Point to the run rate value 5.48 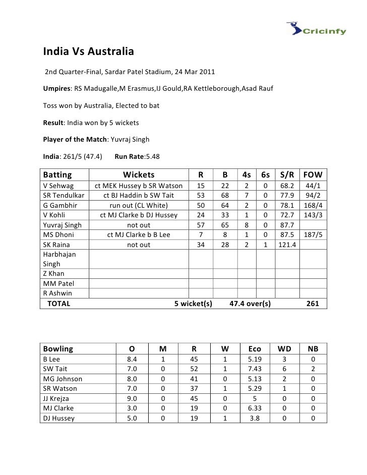coord(152,157)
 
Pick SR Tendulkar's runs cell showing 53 coord(201,196)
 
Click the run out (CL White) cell coord(139,205)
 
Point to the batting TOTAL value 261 coord(313,304)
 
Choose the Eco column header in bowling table coord(255,348)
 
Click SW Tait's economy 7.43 coord(255,369)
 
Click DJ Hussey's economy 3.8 coord(255,418)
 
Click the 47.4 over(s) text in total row coord(250,304)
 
